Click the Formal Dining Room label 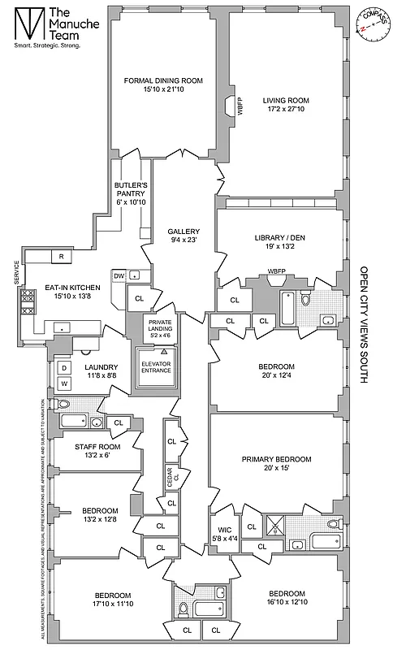(x=163, y=80)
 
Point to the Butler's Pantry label (x=129, y=185)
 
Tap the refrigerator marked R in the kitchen (x=61, y=257)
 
